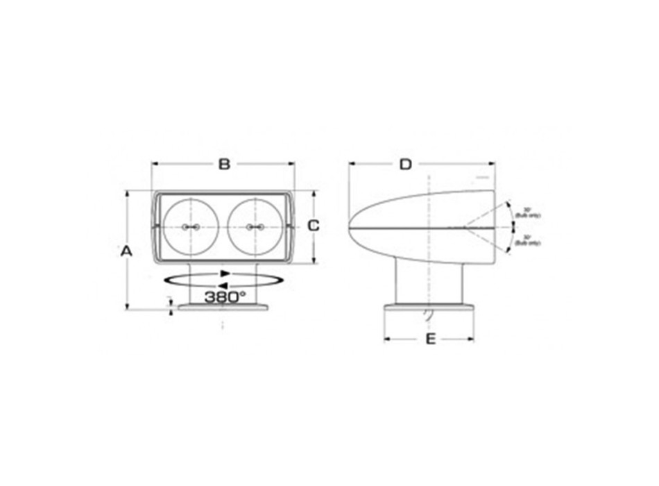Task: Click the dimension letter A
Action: [x=126, y=251]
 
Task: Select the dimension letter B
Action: [x=223, y=164]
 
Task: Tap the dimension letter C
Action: [x=313, y=226]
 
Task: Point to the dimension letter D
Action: [x=406, y=164]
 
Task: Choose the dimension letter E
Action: [x=430, y=339]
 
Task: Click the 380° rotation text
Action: [x=225, y=296]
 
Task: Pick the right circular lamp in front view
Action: [x=253, y=227]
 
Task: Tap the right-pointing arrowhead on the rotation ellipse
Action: [x=225, y=273]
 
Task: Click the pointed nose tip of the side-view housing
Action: [x=350, y=227]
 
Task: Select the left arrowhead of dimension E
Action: [x=387, y=339]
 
